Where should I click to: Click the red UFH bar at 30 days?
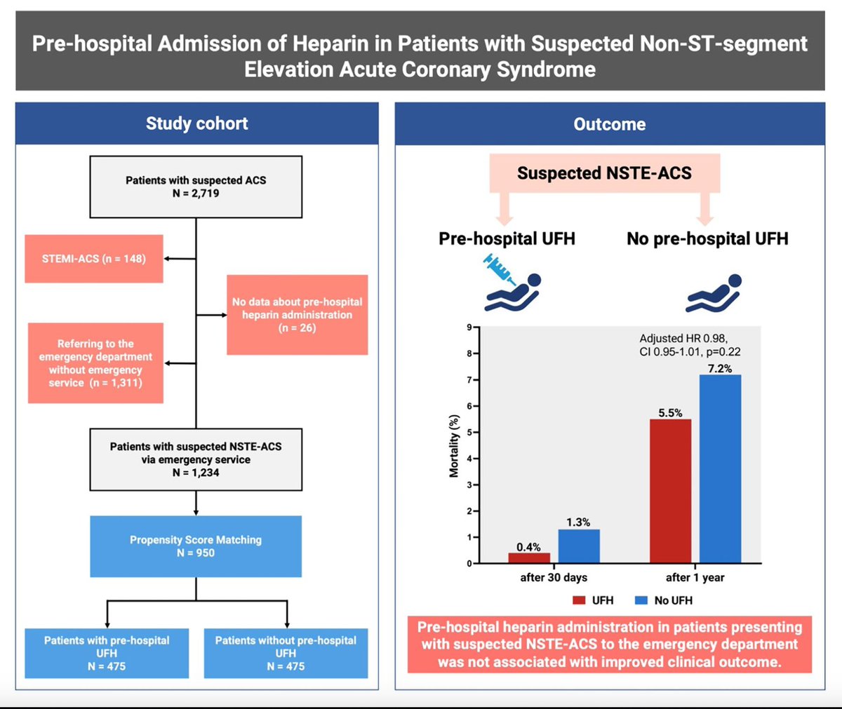529,558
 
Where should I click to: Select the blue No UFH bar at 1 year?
720,469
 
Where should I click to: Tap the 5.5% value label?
670,413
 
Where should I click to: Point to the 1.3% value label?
578,522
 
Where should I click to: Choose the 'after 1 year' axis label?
695,577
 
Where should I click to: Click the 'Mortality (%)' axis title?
454,446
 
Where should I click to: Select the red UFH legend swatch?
579,600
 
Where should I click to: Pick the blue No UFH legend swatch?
641,600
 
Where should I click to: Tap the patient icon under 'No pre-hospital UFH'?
714,293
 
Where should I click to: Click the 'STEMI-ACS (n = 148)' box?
94,259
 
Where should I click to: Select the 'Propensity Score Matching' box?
196,546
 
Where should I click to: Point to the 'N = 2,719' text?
196,194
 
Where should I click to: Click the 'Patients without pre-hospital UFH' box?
286,653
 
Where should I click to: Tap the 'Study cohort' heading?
196,124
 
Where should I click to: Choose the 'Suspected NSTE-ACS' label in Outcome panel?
604,173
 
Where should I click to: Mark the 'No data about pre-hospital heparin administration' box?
298,314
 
